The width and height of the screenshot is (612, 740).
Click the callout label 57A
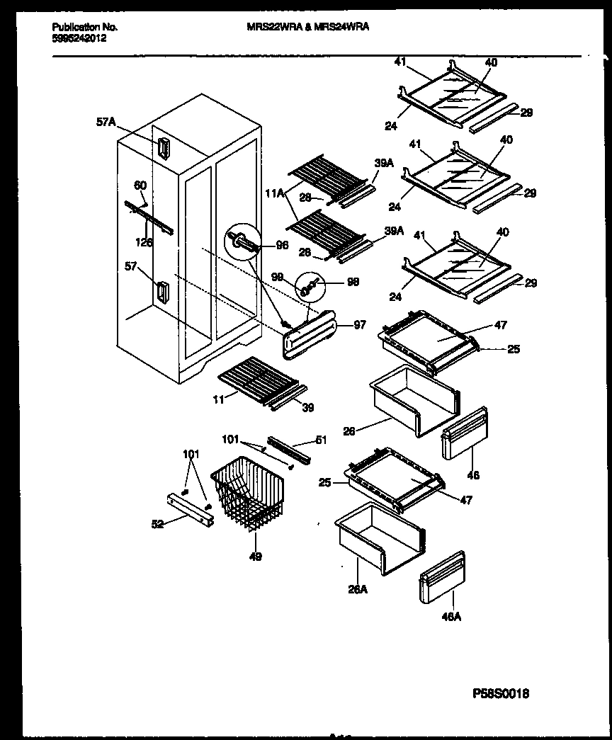tap(106, 122)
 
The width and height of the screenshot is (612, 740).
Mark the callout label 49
tap(255, 557)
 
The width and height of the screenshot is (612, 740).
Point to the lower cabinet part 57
tap(162, 292)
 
